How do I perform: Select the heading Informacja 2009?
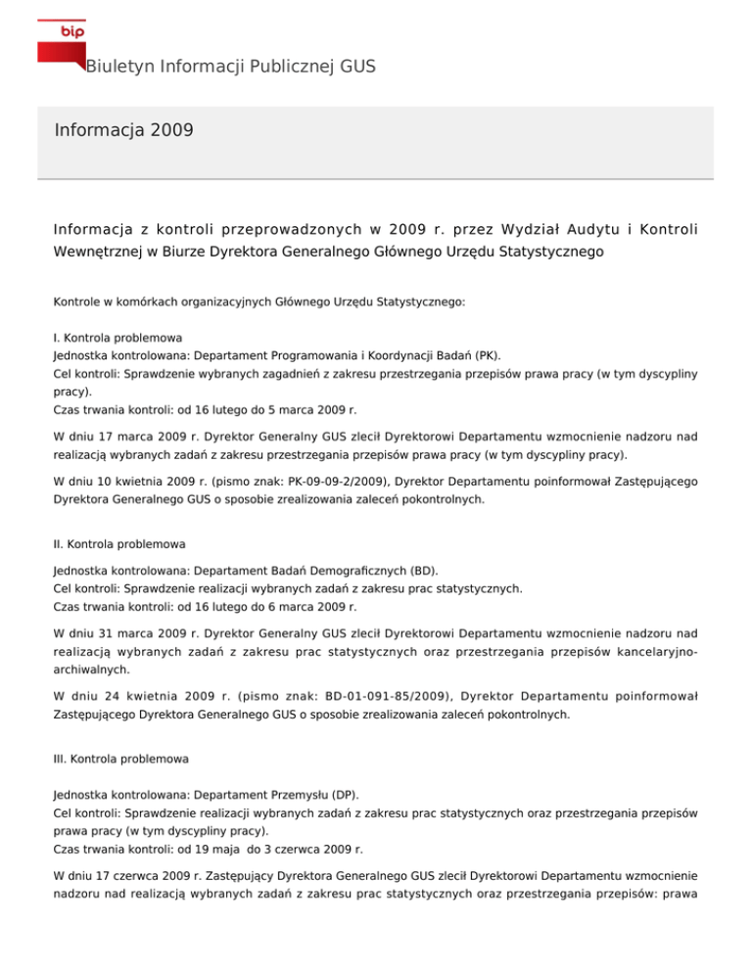tap(123, 130)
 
